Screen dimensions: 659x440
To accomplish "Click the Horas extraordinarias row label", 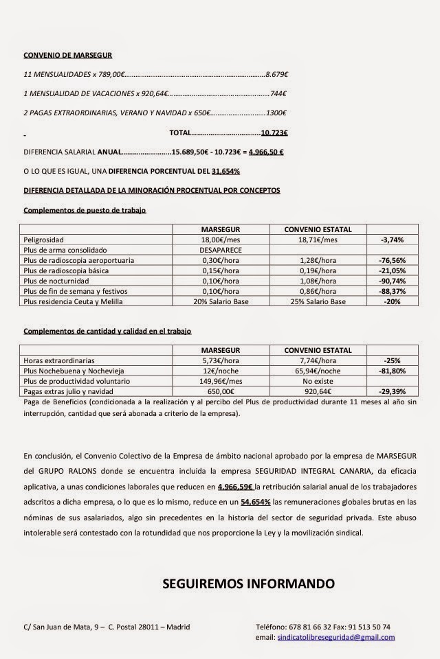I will pos(59,360).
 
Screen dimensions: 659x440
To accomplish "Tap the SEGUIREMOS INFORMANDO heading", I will pos(248,584).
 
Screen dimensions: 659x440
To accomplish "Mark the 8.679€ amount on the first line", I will pos(276,73).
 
